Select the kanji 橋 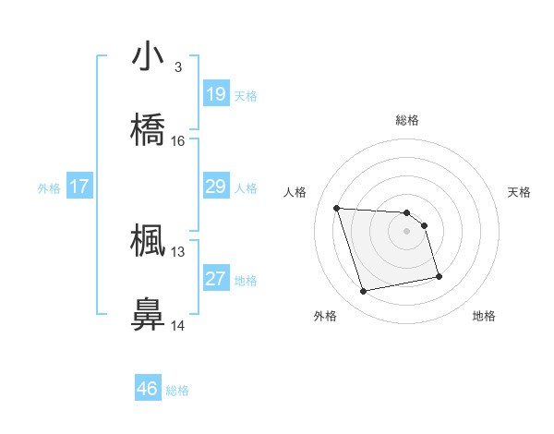(148, 130)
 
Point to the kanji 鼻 (148, 314)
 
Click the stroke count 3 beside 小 (178, 66)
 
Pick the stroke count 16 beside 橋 (178, 140)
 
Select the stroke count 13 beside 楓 (178, 250)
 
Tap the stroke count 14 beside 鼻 (178, 325)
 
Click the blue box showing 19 (216, 94)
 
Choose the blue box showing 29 (216, 187)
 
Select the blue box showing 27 (216, 280)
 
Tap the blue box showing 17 (79, 187)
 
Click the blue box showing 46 (148, 389)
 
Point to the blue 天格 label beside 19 (246, 95)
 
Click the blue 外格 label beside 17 (49, 188)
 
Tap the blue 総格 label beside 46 (177, 391)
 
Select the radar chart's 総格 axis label (407, 120)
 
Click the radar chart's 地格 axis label (484, 316)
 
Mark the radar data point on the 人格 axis (337, 208)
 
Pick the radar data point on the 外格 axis (363, 292)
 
